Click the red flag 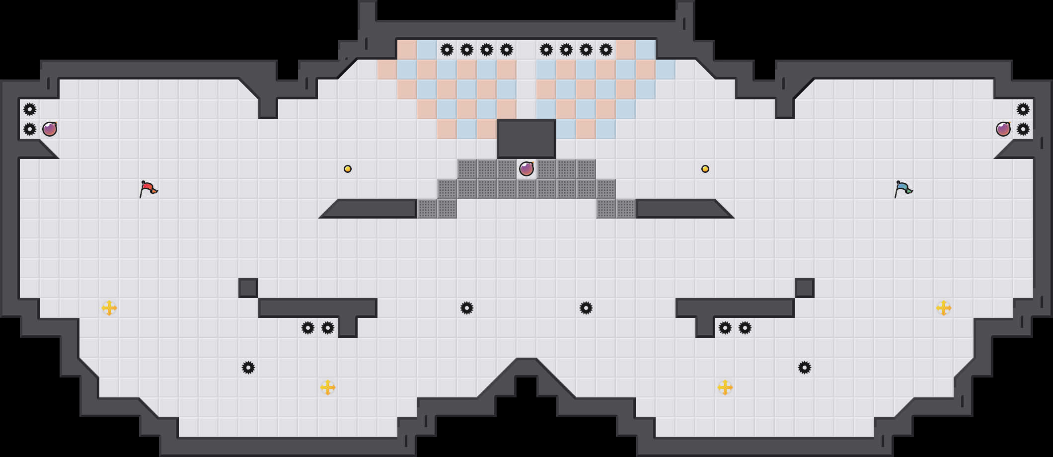tap(148, 189)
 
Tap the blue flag tap(903, 189)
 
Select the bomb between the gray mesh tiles tap(526, 169)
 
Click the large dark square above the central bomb tap(526, 139)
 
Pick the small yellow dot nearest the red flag tap(348, 169)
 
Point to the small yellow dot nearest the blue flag tap(705, 169)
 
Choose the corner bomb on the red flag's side tap(50, 129)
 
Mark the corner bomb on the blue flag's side tap(1003, 129)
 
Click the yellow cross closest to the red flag tap(109, 308)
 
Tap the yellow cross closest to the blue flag tap(944, 308)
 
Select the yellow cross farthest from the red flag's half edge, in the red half tap(328, 387)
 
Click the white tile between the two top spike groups tap(526, 50)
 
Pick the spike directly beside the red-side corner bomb tap(30, 129)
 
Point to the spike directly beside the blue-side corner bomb tap(1023, 129)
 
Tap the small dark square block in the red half tap(248, 288)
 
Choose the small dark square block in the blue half tap(805, 288)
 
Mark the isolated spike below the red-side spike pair tap(248, 368)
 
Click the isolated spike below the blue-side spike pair tap(805, 368)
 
